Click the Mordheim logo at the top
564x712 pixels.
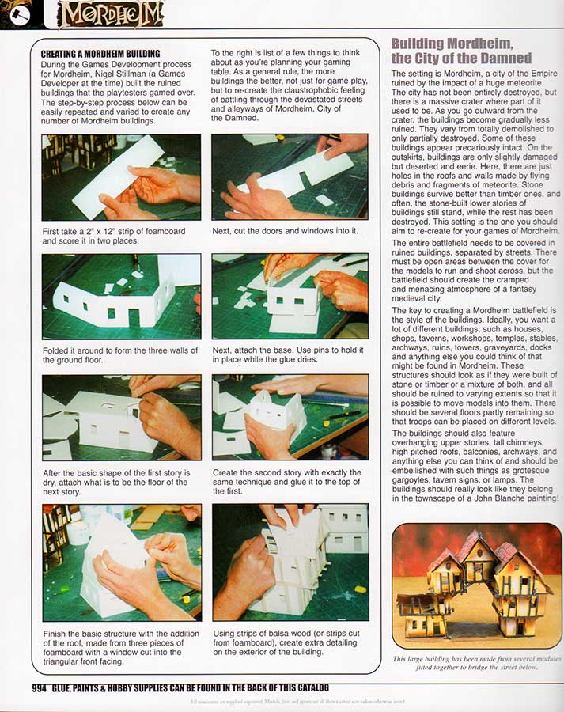[110, 14]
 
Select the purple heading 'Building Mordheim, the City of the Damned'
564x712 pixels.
[461, 50]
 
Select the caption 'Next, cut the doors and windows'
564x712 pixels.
[285, 231]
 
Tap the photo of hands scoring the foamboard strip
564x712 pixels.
[121, 177]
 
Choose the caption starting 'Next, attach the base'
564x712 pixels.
[288, 356]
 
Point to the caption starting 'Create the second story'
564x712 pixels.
[287, 478]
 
